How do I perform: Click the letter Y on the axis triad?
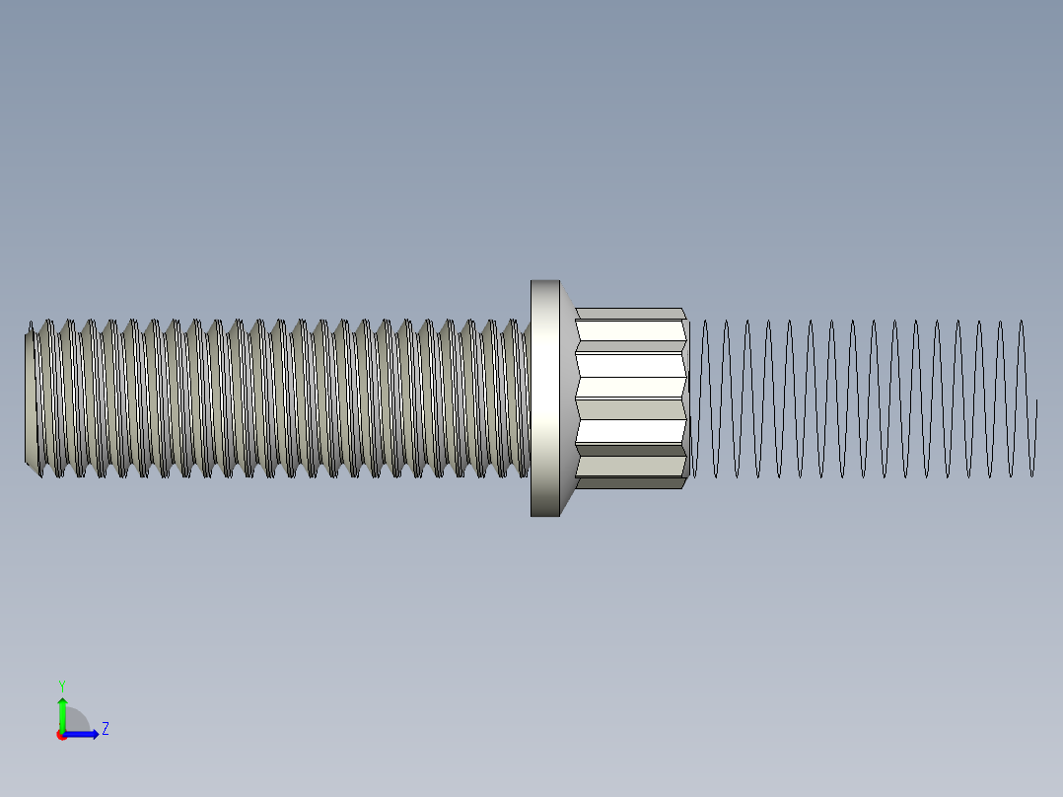(x=61, y=685)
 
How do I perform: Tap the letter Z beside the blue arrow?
(x=106, y=729)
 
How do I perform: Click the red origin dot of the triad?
(x=62, y=735)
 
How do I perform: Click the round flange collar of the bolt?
(x=544, y=398)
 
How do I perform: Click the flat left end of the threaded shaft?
(x=31, y=398)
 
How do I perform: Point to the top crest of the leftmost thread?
(x=33, y=325)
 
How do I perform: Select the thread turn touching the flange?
(x=521, y=398)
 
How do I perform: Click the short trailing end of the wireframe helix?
(x=1035, y=434)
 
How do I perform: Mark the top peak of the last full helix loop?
(x=1022, y=322)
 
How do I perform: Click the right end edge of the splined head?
(x=685, y=398)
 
